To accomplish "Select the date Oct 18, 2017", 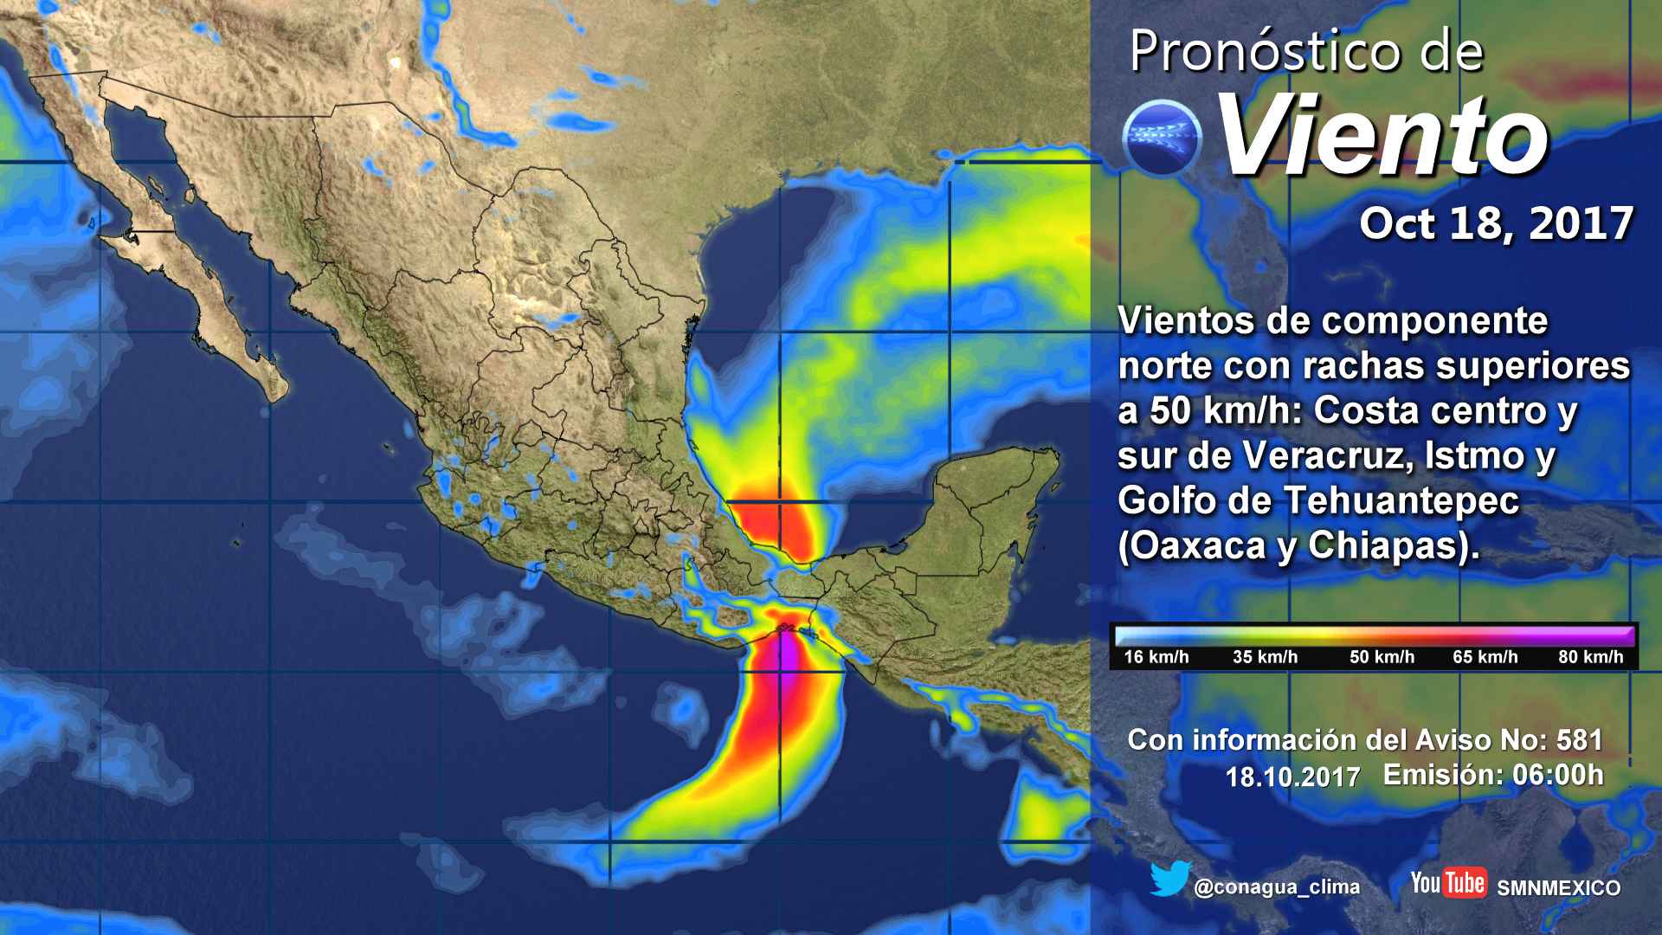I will pos(1496,223).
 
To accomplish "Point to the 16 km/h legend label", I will pos(1156,657).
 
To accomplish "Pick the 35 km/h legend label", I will pos(1265,657).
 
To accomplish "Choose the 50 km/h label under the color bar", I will pos(1382,657).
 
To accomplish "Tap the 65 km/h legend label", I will pos(1485,657).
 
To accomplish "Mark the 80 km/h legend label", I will pos(1591,657).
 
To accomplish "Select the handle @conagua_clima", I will pos(1276,887).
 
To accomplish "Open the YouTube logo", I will pos(1448,883).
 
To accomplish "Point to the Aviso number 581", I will pos(1579,740).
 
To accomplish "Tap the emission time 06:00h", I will pos(1556,774).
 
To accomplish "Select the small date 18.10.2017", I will pos(1292,777).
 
